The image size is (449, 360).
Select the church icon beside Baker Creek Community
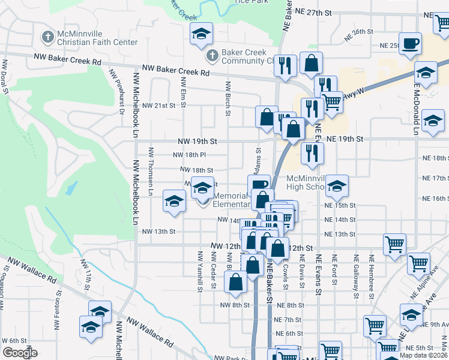click(211, 56)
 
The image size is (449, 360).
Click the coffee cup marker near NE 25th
click(411, 44)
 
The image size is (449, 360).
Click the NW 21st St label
click(158, 105)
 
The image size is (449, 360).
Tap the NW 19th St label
click(197, 142)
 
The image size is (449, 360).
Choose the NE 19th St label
click(345, 139)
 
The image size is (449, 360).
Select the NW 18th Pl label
click(189, 155)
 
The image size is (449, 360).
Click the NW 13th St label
click(158, 232)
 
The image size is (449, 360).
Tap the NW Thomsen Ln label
click(151, 170)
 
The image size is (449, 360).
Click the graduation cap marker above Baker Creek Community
click(201, 34)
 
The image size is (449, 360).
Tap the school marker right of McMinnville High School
click(337, 186)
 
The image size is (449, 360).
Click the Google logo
click(20, 353)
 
